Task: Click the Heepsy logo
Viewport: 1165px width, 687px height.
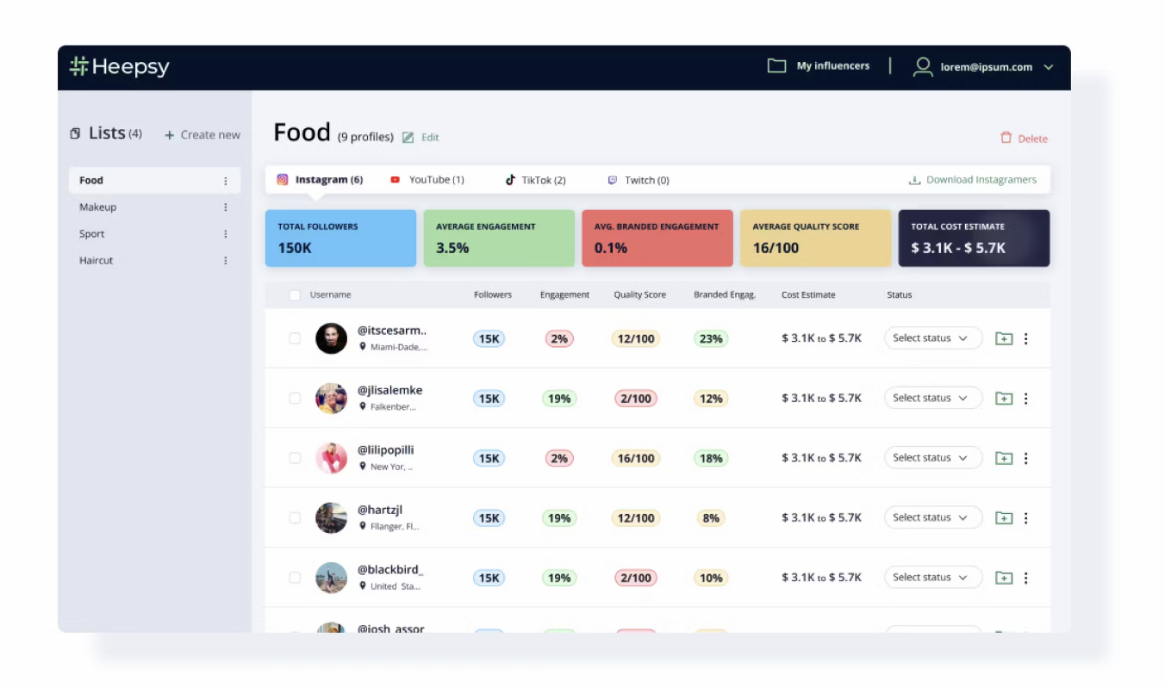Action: (x=119, y=67)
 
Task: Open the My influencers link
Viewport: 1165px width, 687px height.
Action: (x=819, y=66)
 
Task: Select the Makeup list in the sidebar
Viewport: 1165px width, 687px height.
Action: (x=98, y=207)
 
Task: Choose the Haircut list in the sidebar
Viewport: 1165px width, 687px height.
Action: (x=97, y=261)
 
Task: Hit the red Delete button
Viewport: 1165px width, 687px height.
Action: (x=1024, y=139)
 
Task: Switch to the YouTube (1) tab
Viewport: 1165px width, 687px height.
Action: (x=427, y=180)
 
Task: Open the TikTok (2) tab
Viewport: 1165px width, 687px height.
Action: (x=536, y=180)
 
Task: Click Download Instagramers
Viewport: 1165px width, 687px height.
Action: (x=973, y=180)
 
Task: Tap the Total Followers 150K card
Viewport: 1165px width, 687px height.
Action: (x=340, y=238)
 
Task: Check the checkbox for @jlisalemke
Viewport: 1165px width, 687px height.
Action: (x=295, y=399)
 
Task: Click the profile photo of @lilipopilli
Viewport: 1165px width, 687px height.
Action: (x=331, y=458)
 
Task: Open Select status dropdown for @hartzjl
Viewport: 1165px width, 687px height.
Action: (x=932, y=517)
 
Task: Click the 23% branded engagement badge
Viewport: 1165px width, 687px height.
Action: (x=711, y=339)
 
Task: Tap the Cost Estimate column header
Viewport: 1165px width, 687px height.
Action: (x=808, y=294)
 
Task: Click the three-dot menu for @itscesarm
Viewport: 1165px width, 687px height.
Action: (x=1025, y=339)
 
